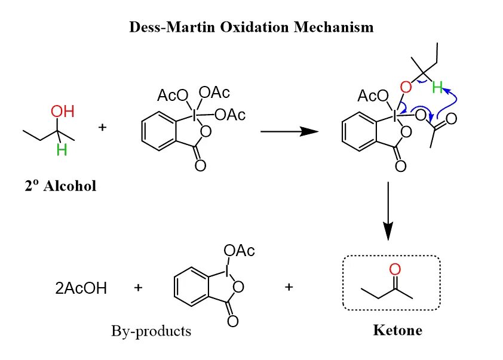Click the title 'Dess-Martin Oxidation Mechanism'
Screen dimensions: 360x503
pos(251,27)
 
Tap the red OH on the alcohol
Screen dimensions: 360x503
pos(62,112)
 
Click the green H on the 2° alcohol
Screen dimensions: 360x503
pos(61,149)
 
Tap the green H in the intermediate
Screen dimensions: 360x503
pos(438,88)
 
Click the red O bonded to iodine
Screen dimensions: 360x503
pos(406,88)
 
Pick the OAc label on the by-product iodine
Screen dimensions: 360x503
pos(239,250)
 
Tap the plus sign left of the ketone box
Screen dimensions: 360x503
pos(289,287)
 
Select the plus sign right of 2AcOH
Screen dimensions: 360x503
pos(139,288)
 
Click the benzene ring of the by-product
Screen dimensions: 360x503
pos(192,288)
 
